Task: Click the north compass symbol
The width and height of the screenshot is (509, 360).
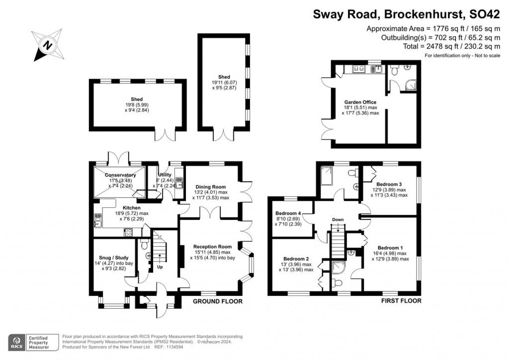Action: point(47,45)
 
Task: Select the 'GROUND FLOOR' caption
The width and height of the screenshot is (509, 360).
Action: point(218,301)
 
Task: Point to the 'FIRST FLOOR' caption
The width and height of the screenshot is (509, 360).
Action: point(401,301)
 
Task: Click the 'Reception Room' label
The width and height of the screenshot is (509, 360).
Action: point(212,247)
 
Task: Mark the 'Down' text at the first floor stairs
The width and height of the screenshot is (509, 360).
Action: point(338,219)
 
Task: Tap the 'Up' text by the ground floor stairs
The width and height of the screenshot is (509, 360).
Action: point(160,267)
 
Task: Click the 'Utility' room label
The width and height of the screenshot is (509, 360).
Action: point(165,175)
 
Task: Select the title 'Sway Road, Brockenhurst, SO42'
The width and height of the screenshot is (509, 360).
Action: point(406,14)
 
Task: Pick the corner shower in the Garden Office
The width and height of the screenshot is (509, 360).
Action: point(410,86)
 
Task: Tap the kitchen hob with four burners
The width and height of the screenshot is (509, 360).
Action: point(128,232)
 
